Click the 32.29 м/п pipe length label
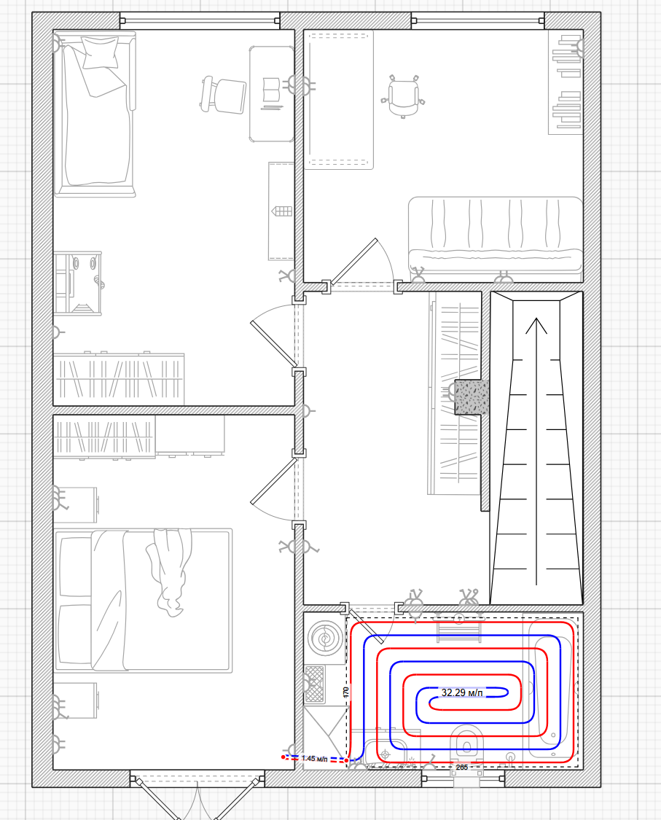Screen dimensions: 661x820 (462, 692)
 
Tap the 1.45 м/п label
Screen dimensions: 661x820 (315, 758)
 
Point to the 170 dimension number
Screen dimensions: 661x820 (345, 692)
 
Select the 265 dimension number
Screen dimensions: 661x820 (462, 768)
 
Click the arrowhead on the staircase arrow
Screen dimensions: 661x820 (536, 325)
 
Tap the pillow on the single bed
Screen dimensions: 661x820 (100, 52)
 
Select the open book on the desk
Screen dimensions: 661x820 (271, 90)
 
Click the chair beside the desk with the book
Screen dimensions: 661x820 (223, 95)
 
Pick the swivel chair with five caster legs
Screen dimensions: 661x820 (403, 96)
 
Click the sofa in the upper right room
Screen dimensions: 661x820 (496, 235)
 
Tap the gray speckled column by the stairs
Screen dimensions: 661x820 (472, 397)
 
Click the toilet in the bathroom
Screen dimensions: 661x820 (467, 742)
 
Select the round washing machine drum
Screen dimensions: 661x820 (325, 639)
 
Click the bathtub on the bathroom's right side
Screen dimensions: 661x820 (552, 690)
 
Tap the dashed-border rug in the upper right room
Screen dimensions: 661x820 (340, 99)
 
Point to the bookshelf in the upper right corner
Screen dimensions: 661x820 (566, 82)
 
